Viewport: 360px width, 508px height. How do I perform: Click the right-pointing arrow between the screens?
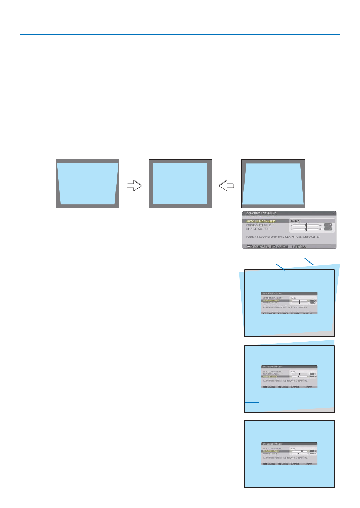[x=134, y=185]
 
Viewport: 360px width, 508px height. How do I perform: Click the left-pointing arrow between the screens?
[x=227, y=185]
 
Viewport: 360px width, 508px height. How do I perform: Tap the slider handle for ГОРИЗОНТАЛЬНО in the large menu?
[x=306, y=225]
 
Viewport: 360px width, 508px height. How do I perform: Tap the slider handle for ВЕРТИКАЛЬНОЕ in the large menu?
[x=306, y=229]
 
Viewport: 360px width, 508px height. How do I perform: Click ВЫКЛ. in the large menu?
[x=295, y=221]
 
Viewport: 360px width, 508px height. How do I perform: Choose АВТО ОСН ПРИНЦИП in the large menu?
[x=261, y=221]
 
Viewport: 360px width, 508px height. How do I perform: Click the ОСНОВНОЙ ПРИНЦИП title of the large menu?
[x=261, y=213]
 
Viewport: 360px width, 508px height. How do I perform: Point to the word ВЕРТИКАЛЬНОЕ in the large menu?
[x=258, y=229]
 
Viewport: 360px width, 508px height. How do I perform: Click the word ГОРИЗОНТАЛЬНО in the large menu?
[x=258, y=225]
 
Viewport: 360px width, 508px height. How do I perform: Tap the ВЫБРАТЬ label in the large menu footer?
[x=261, y=247]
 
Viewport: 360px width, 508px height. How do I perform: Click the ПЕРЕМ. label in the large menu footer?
[x=300, y=247]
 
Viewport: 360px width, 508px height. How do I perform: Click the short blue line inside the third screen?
[x=252, y=402]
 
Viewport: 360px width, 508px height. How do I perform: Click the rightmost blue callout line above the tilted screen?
[x=309, y=261]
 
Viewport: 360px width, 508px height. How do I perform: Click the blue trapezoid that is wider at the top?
[x=88, y=184]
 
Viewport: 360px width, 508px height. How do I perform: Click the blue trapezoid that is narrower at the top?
[x=273, y=184]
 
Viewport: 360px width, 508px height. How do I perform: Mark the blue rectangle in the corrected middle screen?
[x=180, y=184]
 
